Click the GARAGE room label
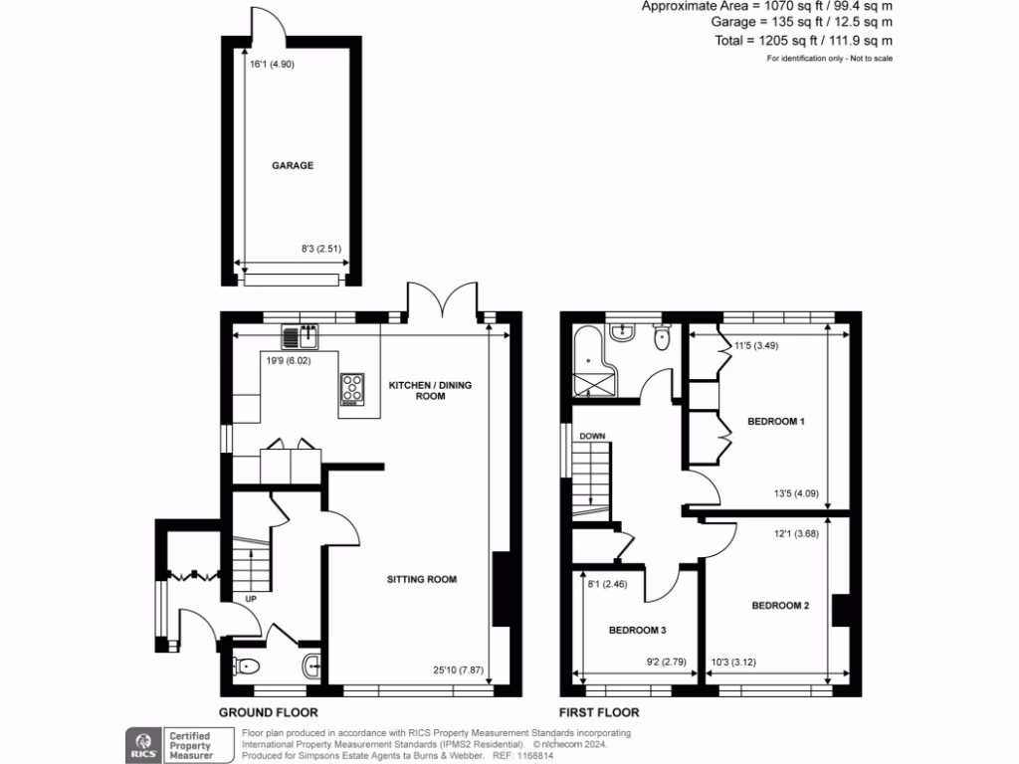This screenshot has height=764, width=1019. (293, 166)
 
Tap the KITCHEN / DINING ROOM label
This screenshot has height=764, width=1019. (417, 389)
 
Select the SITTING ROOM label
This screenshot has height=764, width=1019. (422, 579)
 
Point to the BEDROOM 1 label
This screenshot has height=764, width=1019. (775, 422)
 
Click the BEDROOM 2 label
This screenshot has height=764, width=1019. (780, 605)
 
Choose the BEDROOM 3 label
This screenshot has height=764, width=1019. (637, 631)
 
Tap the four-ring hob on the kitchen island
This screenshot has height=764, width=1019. (352, 388)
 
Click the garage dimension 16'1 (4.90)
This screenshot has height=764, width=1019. (272, 65)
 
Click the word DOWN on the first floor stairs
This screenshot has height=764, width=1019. (593, 436)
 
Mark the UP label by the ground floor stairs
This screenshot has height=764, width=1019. (253, 599)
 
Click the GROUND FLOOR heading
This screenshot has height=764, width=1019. (269, 712)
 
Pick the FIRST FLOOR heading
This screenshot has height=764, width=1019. (599, 712)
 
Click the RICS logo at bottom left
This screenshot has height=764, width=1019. (141, 744)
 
